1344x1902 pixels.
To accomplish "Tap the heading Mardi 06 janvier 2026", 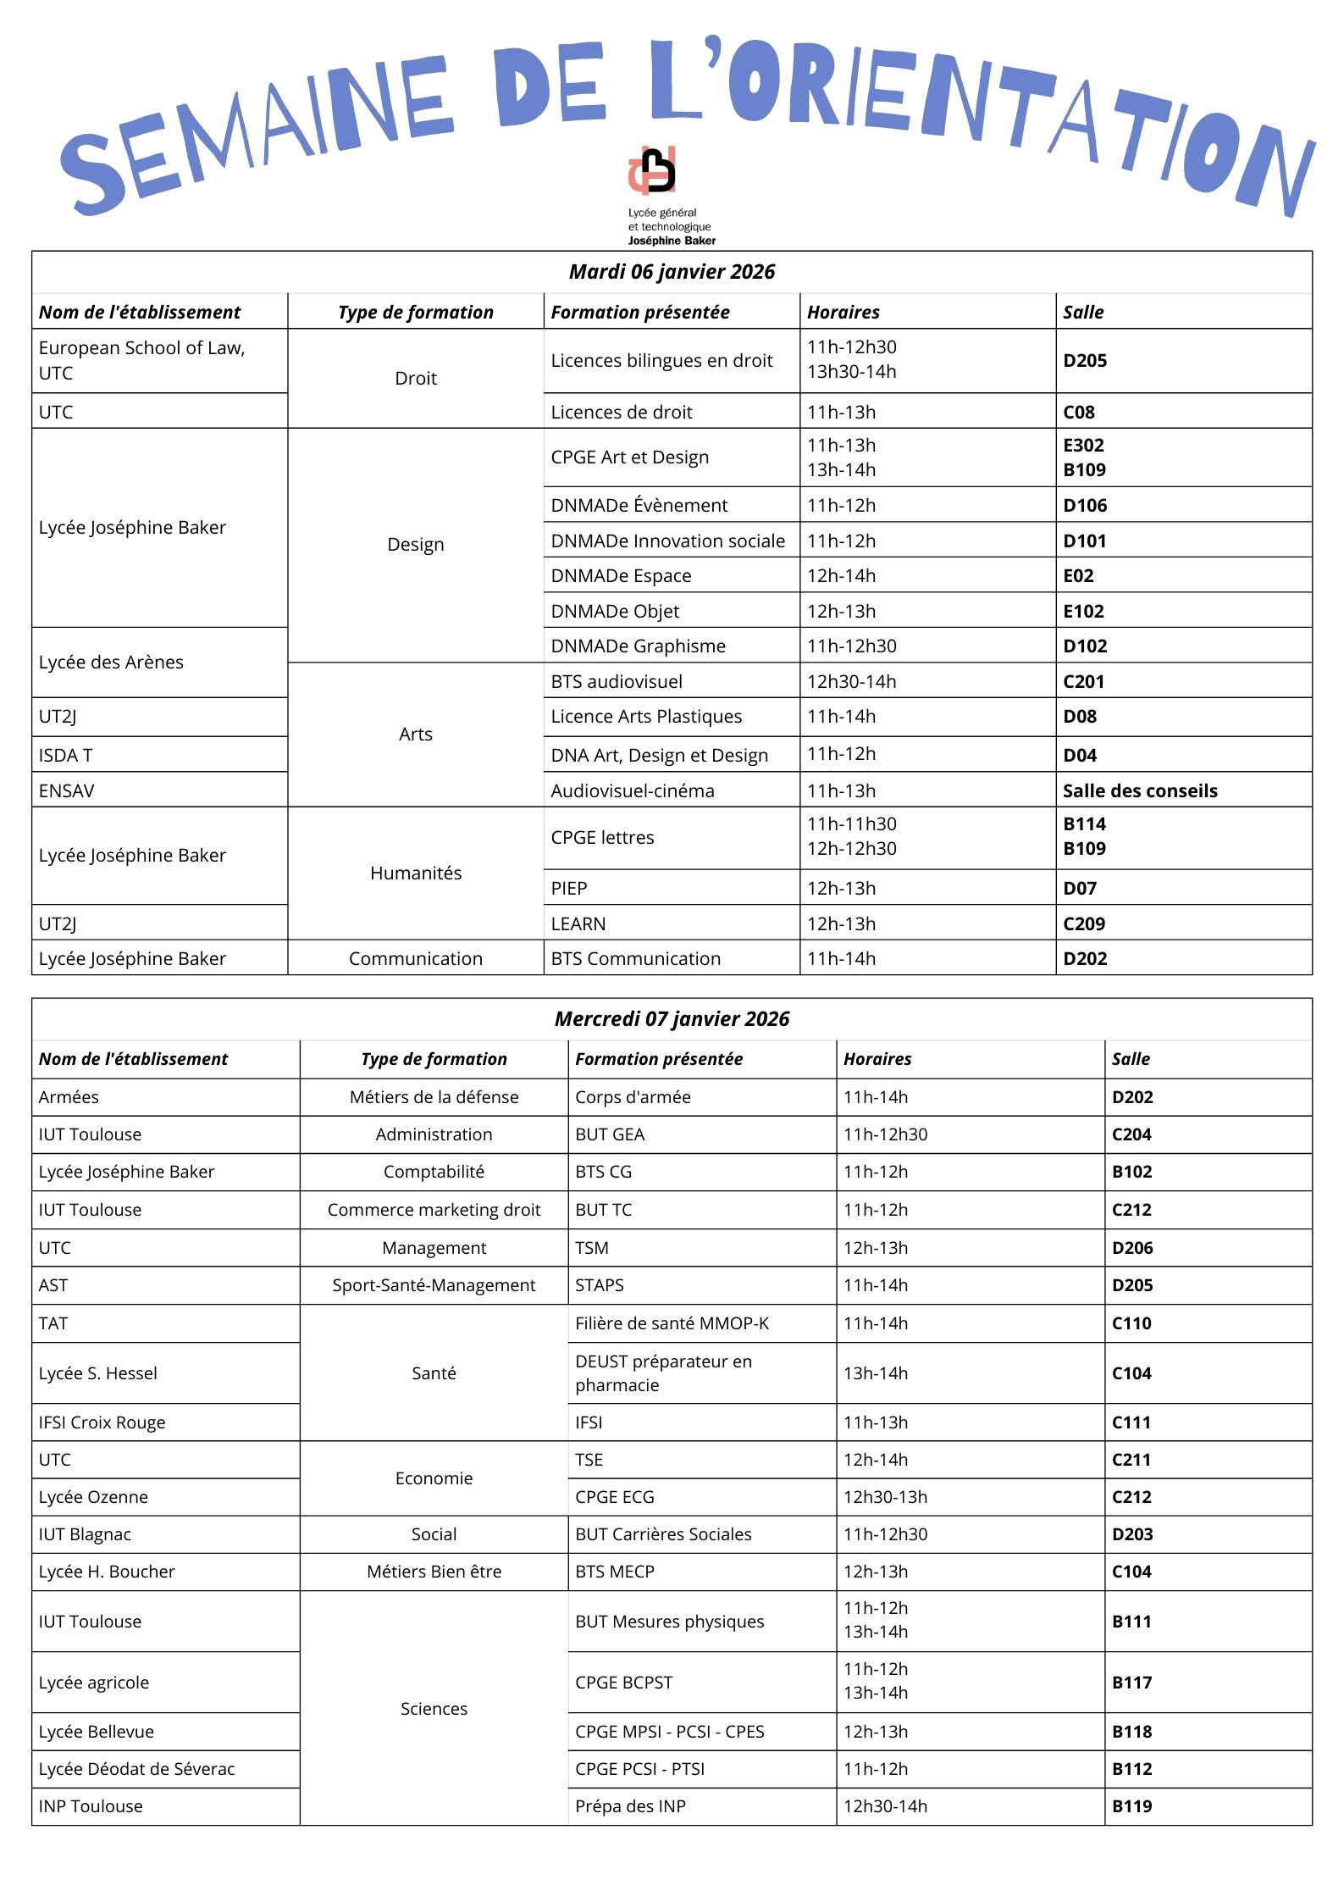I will pos(672,272).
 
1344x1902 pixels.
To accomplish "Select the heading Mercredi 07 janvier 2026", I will pos(672,1019).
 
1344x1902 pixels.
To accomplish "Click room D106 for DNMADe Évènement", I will pos(1085,506).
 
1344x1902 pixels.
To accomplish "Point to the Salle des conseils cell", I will pos(1140,791).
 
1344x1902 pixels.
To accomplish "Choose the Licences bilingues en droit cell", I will pos(661,361).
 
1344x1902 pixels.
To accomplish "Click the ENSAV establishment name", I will pos(67,791).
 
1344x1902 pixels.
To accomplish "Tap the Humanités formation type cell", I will pos(416,873).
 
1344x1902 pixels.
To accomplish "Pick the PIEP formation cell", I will pos(569,889).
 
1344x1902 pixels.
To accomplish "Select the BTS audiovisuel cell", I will pos(617,682).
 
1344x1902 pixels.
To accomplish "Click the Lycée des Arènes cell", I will pos(111,663).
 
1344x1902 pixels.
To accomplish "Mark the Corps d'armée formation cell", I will pos(633,1097).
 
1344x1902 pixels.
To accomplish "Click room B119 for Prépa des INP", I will pos(1132,1806).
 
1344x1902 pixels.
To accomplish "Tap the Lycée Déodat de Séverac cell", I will pos(136,1769).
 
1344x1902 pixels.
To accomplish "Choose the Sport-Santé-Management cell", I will pos(434,1285).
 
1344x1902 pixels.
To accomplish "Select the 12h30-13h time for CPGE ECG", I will pos(885,1497).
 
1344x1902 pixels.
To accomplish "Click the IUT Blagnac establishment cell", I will pos(85,1534).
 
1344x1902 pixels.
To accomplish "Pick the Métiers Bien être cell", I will pos(434,1572).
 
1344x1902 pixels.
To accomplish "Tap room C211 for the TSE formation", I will pos(1131,1460).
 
